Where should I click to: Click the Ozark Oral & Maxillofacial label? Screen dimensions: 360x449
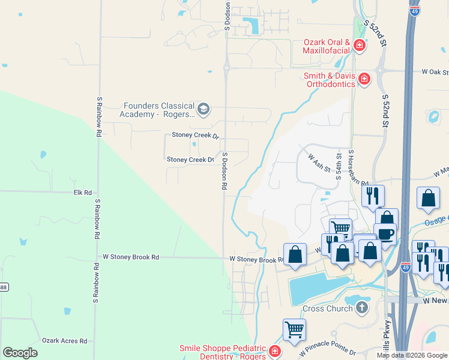pos(327,46)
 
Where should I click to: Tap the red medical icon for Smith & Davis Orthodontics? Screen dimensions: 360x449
pos(364,79)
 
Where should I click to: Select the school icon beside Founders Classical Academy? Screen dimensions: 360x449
pos(203,109)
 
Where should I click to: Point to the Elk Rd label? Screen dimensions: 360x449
pos(82,193)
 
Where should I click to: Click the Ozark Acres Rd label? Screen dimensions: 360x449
pos(68,340)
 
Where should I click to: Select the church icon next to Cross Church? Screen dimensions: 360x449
pos(361,308)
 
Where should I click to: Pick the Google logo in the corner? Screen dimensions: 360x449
pos(20,352)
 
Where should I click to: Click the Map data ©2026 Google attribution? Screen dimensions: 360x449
pos(411,355)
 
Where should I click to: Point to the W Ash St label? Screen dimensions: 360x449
pos(319,163)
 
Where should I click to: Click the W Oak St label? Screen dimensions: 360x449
pos(435,71)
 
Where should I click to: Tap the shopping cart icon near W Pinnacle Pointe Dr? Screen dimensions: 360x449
pos(294,329)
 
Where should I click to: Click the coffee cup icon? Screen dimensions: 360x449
pos(385,233)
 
